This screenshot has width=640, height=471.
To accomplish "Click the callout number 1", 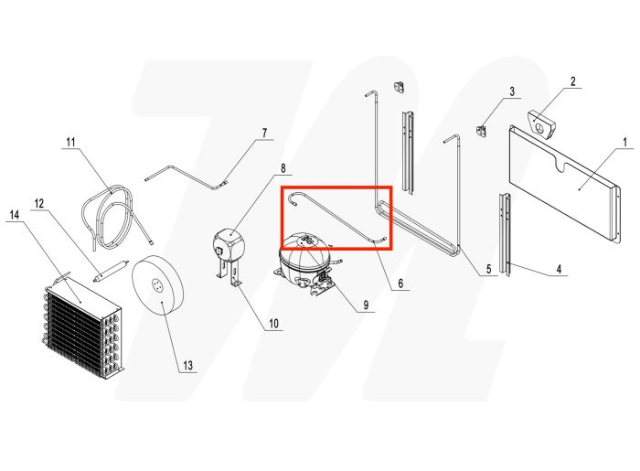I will [x=625, y=142].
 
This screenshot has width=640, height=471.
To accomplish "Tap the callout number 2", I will [x=573, y=81].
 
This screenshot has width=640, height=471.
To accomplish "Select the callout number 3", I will [x=512, y=91].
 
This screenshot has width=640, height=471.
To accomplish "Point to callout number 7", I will [x=264, y=134].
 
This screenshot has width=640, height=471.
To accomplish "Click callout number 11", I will [x=70, y=141].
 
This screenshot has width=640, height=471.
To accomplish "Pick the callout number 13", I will [x=187, y=366].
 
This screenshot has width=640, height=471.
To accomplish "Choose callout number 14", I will [x=14, y=215].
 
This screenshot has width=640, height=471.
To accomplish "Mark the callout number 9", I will [x=365, y=305].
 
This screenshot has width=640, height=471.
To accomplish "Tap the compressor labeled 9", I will [x=307, y=260].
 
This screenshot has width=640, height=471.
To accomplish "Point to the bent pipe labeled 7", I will [x=187, y=171].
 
